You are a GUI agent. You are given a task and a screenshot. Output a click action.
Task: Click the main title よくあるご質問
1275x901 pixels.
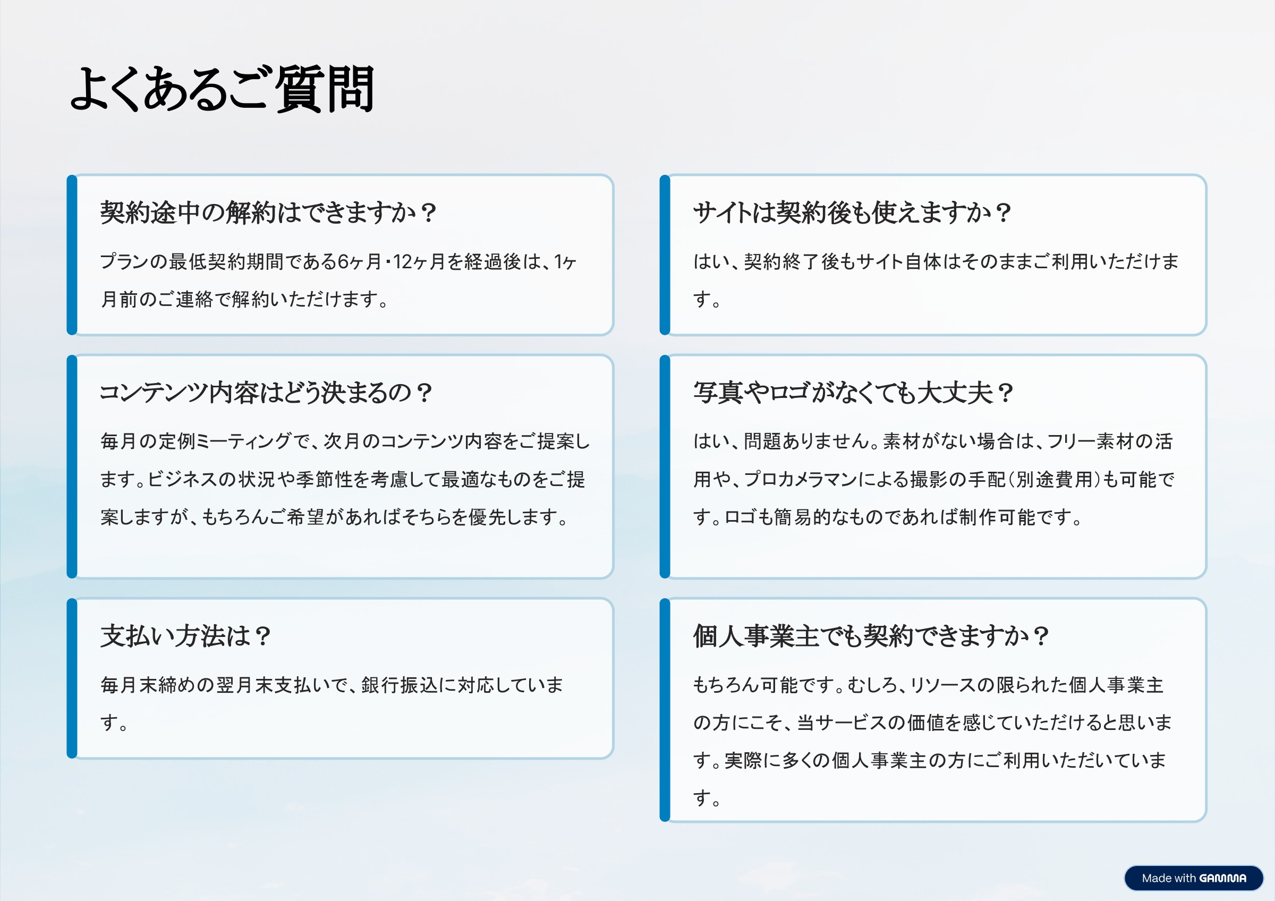click(222, 89)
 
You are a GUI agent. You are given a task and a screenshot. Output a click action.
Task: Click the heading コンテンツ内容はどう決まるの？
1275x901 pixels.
click(266, 393)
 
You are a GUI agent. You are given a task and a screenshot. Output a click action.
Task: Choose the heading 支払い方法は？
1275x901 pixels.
click(185, 636)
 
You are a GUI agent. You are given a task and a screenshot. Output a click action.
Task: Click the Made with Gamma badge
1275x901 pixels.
click(1193, 878)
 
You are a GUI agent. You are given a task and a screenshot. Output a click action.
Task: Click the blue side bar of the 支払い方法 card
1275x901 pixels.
click(72, 678)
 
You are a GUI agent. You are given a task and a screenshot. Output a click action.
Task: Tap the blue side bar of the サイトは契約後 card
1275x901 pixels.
click(665, 255)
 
